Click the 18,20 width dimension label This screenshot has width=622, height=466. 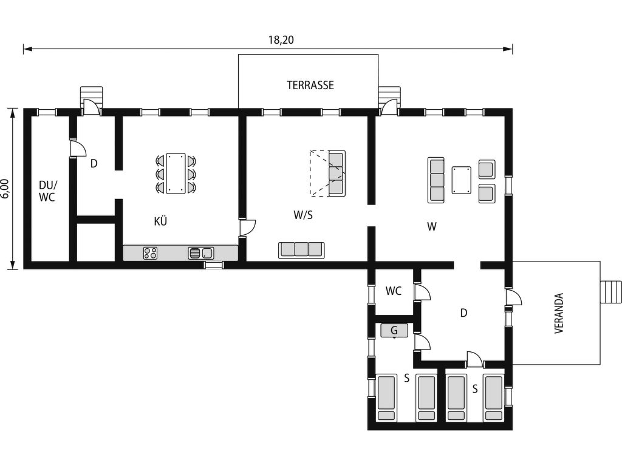point(281,40)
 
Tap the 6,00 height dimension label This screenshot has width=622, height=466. point(4,189)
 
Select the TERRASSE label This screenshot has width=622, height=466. point(310,85)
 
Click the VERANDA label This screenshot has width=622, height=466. point(559,313)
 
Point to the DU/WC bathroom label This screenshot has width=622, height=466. point(47,191)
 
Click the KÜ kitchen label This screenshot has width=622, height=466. point(160,221)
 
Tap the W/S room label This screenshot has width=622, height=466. point(303,215)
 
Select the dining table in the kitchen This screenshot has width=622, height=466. point(176,174)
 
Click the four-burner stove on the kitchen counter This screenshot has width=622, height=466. point(150,253)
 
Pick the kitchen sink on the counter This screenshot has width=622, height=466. point(200,253)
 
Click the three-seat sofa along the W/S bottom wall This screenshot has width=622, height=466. point(301,250)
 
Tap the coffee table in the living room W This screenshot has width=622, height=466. point(462,180)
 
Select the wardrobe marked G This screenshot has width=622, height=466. point(394,331)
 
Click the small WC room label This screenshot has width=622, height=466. point(394,291)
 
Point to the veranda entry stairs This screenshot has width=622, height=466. point(611,292)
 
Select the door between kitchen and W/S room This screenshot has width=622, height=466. point(247,228)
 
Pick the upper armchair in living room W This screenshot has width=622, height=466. point(487,170)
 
